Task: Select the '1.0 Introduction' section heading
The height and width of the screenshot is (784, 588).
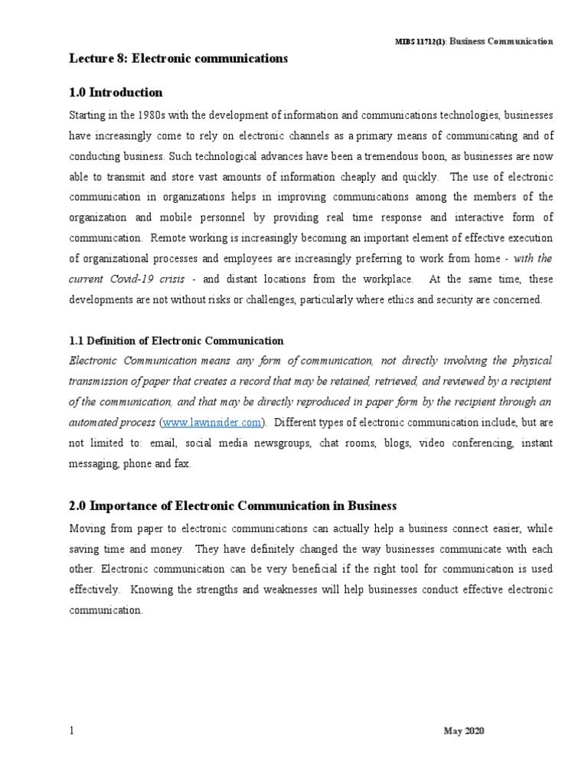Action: (x=116, y=93)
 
